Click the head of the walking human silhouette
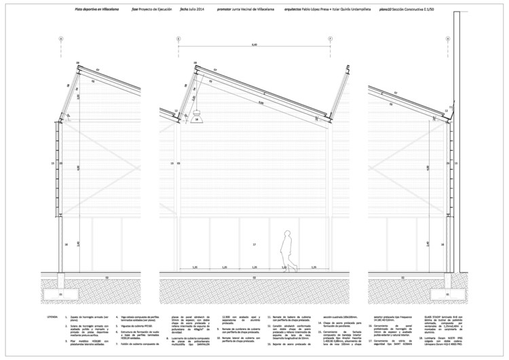point(288,232)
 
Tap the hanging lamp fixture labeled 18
point(197,118)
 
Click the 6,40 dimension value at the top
point(255,45)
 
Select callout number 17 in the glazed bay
point(252,243)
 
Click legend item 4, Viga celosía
point(140,317)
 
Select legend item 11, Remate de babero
point(295,317)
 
